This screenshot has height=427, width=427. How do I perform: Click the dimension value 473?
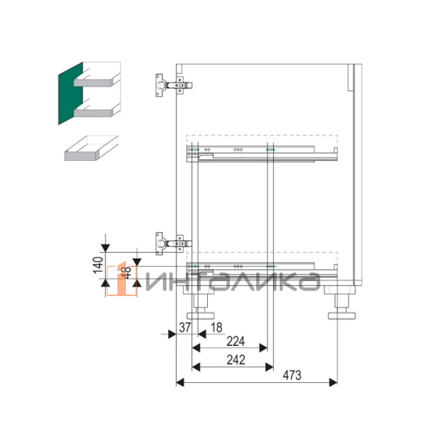292,375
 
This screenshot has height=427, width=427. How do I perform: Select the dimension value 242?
236,360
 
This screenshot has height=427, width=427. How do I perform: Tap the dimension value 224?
236,341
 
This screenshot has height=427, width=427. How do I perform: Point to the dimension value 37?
185,327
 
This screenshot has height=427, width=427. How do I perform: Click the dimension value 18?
216,327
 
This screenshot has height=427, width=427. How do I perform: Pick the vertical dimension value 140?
98,265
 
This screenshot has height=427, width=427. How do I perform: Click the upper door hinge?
174,85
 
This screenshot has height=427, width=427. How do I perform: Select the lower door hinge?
174,243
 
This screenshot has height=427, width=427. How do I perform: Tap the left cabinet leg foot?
201,315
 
